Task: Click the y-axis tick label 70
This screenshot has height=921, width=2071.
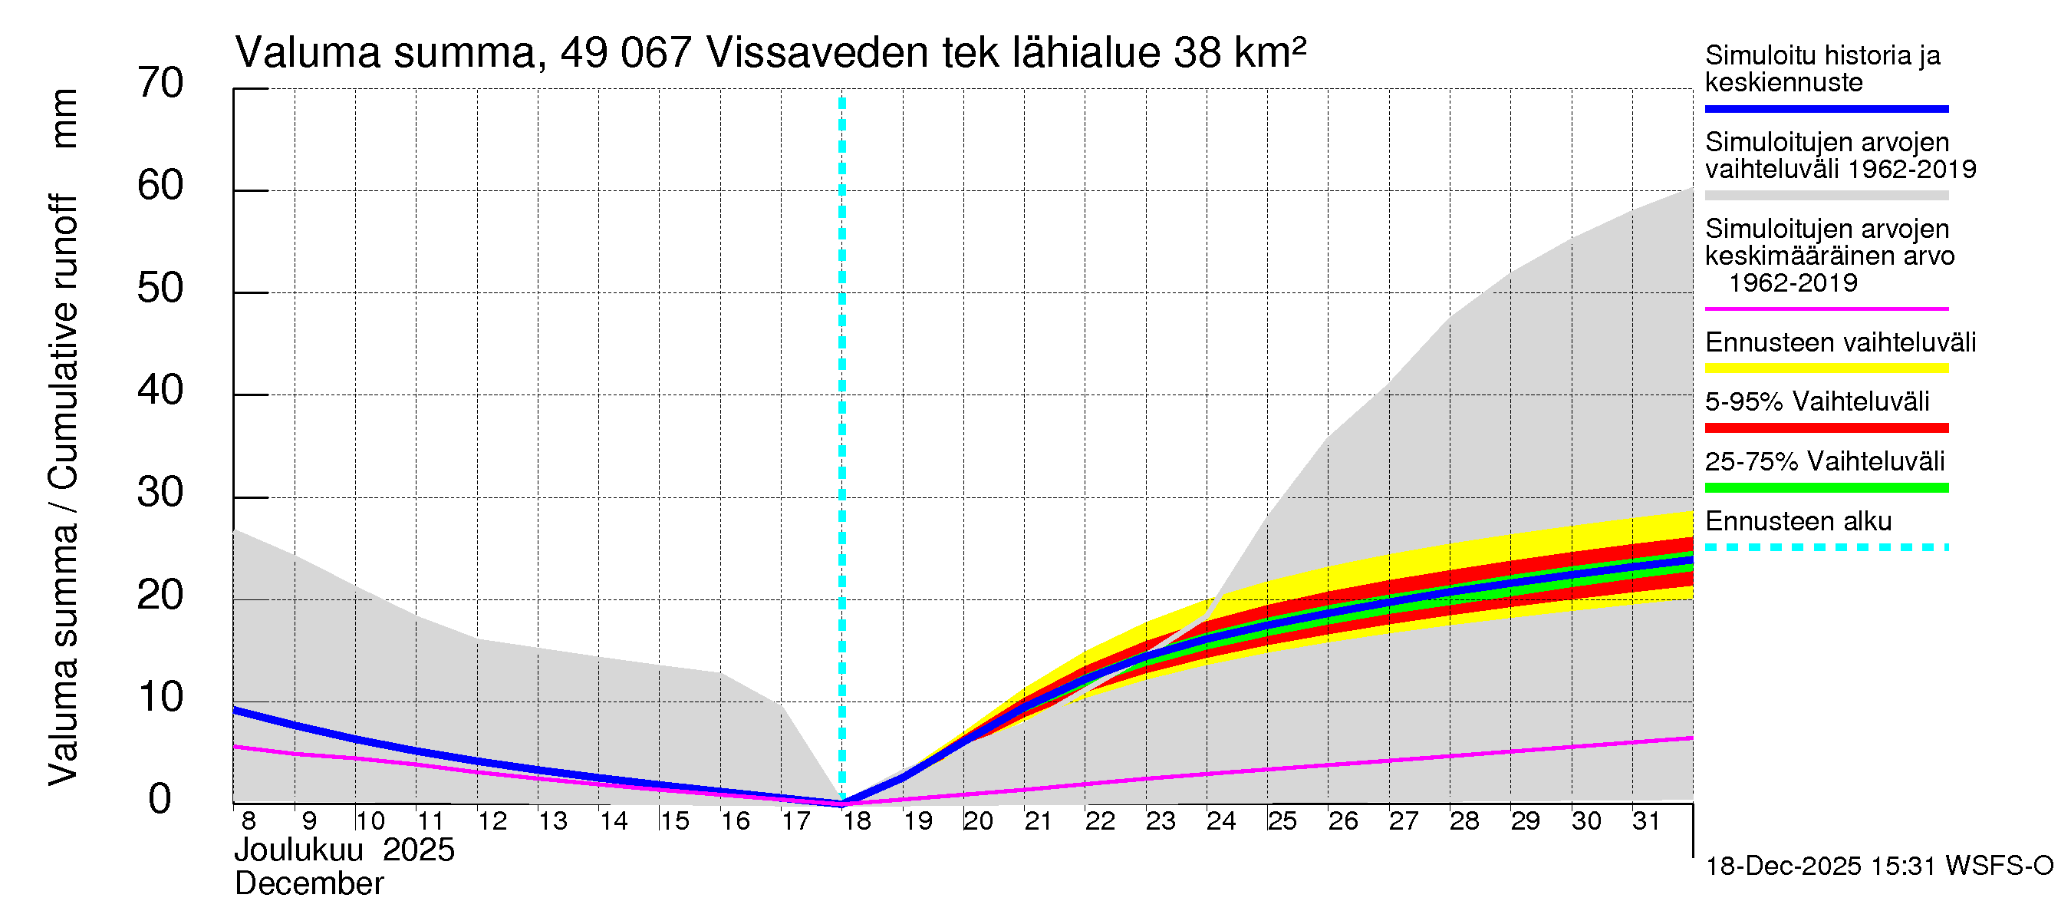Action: click(160, 84)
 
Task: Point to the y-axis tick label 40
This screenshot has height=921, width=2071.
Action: click(160, 391)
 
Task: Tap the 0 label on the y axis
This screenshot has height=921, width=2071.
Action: click(160, 800)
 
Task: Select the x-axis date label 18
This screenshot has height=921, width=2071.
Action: click(857, 821)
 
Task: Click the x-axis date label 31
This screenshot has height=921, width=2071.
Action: click(1646, 821)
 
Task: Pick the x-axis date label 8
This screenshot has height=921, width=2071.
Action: click(249, 821)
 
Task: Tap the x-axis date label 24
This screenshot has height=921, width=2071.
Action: click(1220, 821)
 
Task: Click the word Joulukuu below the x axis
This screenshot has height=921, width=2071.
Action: click(299, 850)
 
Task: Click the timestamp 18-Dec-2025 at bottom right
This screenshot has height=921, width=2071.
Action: click(1783, 867)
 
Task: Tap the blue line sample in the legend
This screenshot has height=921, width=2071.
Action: click(1826, 108)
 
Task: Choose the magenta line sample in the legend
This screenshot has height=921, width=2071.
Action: click(1826, 309)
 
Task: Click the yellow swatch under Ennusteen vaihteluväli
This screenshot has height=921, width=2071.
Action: click(1826, 368)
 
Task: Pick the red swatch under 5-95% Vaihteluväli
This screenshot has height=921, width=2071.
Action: click(1826, 428)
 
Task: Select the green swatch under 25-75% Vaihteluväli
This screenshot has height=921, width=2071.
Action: click(1826, 487)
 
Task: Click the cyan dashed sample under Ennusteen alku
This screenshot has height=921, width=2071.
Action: click(1826, 548)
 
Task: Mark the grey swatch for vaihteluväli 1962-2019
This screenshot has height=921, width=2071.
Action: click(1826, 196)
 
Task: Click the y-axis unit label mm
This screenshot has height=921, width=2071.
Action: click(64, 118)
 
